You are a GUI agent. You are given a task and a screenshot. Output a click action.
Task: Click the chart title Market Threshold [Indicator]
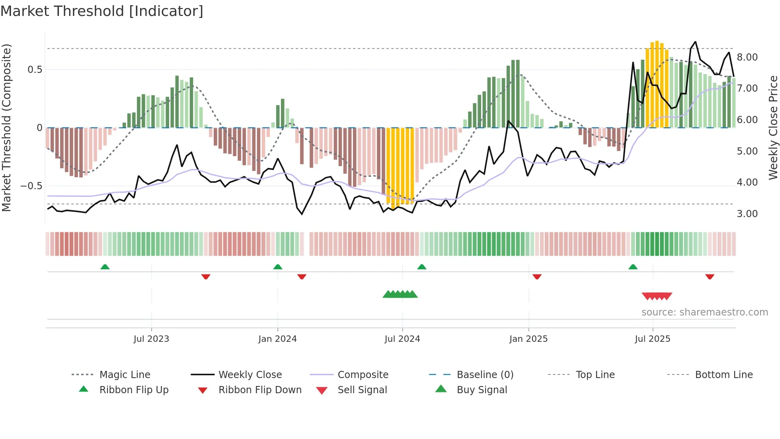[102, 11]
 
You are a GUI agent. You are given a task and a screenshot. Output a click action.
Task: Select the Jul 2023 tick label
[151, 339]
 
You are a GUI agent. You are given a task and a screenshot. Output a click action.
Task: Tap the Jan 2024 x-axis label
[277, 339]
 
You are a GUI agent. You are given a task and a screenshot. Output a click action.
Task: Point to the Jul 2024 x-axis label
[402, 339]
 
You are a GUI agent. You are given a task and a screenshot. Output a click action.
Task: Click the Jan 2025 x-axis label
[528, 339]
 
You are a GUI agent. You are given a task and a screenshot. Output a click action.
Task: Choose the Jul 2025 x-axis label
[652, 339]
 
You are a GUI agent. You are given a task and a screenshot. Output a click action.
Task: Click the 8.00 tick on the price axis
[747, 57]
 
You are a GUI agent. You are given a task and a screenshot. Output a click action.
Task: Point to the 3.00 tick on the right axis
[747, 214]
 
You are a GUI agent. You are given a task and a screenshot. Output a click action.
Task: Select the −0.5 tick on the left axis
[31, 186]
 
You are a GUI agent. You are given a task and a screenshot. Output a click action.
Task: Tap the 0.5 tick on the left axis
[35, 70]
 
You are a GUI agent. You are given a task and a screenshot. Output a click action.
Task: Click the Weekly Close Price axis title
[773, 127]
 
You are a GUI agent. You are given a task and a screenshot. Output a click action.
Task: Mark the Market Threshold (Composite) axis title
[6, 127]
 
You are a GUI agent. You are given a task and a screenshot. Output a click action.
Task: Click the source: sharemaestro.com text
[704, 312]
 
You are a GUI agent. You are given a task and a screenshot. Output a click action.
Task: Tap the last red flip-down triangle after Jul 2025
[710, 277]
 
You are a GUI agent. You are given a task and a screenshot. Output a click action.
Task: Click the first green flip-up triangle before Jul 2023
[105, 267]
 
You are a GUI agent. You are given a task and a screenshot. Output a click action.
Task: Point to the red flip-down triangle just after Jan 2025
[537, 277]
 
